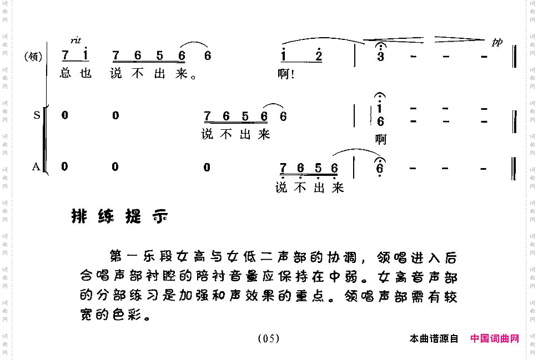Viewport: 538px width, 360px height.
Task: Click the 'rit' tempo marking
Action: (x=76, y=40)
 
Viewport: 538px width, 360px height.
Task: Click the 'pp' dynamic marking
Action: (x=496, y=42)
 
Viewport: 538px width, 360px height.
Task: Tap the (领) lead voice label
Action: (x=33, y=56)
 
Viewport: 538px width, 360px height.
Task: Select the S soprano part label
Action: (x=37, y=115)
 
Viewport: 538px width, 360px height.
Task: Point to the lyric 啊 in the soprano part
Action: (x=380, y=140)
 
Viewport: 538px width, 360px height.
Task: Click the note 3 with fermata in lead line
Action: (x=380, y=57)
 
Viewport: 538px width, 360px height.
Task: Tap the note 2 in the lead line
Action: (x=318, y=56)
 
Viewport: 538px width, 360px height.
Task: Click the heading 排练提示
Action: (x=119, y=217)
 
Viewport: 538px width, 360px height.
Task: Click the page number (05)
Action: (x=268, y=338)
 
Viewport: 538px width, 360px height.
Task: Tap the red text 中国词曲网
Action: (x=494, y=338)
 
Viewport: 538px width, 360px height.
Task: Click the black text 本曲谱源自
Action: (x=434, y=338)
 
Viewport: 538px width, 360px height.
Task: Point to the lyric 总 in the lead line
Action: (x=66, y=74)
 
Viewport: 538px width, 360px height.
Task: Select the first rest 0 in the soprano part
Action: (x=65, y=115)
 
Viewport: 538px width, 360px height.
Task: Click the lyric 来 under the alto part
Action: (x=338, y=188)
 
